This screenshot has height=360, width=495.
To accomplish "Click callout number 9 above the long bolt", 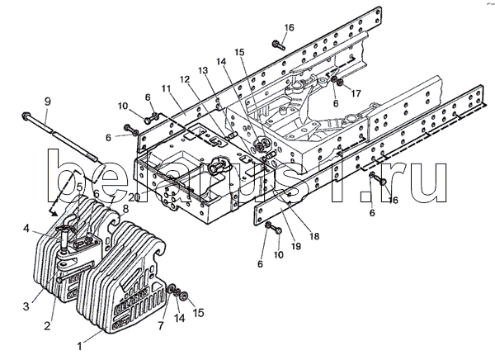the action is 47,102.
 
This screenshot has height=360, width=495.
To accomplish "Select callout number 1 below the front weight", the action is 80,346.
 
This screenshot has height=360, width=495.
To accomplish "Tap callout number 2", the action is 47,325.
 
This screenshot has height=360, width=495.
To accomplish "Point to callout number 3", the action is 26,306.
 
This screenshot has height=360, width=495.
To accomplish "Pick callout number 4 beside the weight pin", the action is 27,228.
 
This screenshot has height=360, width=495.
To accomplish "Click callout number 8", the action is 125,209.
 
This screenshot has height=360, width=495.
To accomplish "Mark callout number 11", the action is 167,88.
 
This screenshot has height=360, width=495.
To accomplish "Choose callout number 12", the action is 185,79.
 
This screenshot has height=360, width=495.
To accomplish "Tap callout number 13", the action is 203,70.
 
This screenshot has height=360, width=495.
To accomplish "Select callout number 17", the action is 356,93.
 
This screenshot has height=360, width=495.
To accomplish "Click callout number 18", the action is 314,236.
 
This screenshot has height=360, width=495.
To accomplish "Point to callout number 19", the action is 296,245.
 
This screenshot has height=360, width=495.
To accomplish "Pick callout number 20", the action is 134,197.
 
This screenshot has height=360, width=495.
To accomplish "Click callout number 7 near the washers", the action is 161,325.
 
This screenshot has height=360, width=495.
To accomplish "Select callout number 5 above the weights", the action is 80,187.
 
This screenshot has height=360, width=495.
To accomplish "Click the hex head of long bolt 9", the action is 26,116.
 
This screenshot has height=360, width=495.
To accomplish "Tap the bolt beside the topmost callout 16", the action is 279,45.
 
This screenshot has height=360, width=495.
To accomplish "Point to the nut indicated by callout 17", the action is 340,83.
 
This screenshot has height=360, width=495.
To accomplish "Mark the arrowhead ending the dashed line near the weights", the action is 54,213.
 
